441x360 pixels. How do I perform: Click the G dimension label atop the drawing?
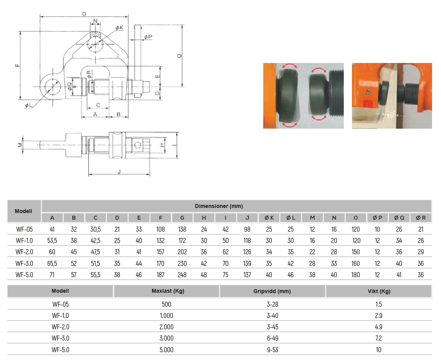click(84, 14)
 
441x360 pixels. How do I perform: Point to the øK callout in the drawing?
click(119, 28)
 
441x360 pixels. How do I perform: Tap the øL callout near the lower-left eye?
click(28, 105)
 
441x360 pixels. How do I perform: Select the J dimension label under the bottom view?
click(119, 171)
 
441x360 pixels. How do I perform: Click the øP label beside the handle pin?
click(148, 37)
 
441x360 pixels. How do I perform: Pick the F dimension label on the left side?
click(18, 65)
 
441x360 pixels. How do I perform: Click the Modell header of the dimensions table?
click(23, 211)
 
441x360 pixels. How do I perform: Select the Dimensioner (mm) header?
click(219, 206)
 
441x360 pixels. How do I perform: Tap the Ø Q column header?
click(399, 218)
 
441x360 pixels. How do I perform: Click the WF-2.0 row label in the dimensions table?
click(24, 252)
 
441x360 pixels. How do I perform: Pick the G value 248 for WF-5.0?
click(182, 275)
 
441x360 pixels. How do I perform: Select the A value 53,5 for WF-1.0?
click(52, 241)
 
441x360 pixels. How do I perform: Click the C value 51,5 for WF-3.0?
click(95, 264)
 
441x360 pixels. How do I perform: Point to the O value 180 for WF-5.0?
click(355, 275)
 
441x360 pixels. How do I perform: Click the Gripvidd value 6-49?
click(273, 338)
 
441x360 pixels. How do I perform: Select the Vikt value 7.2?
click(378, 338)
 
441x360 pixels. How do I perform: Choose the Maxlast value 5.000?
click(166, 350)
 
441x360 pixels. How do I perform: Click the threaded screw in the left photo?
click(336, 96)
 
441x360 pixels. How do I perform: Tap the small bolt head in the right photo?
click(368, 92)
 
